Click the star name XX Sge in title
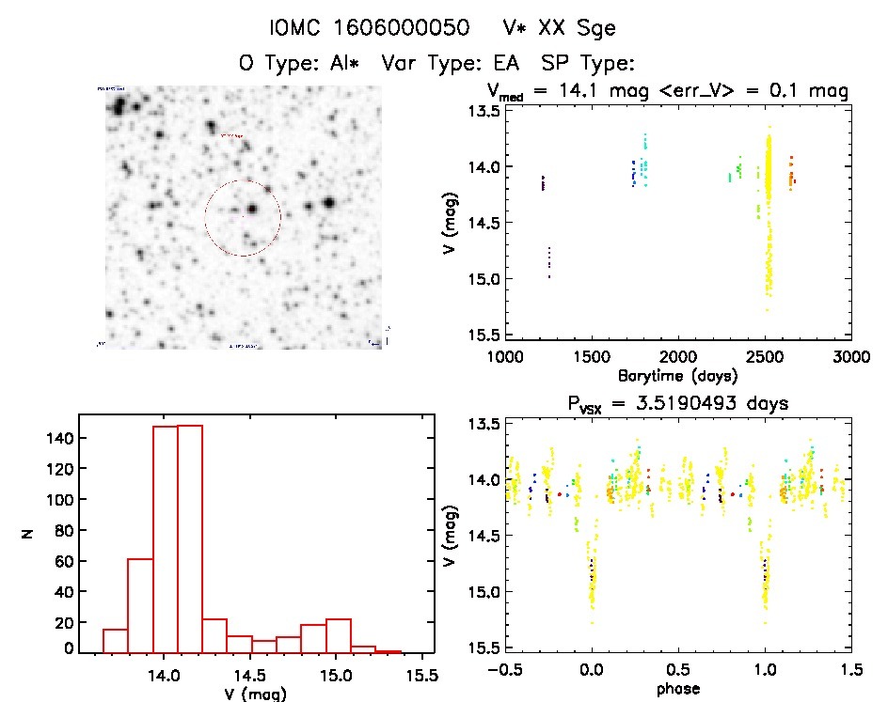click(x=577, y=28)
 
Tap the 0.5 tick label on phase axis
click(x=677, y=674)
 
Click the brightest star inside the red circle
click(x=253, y=209)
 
